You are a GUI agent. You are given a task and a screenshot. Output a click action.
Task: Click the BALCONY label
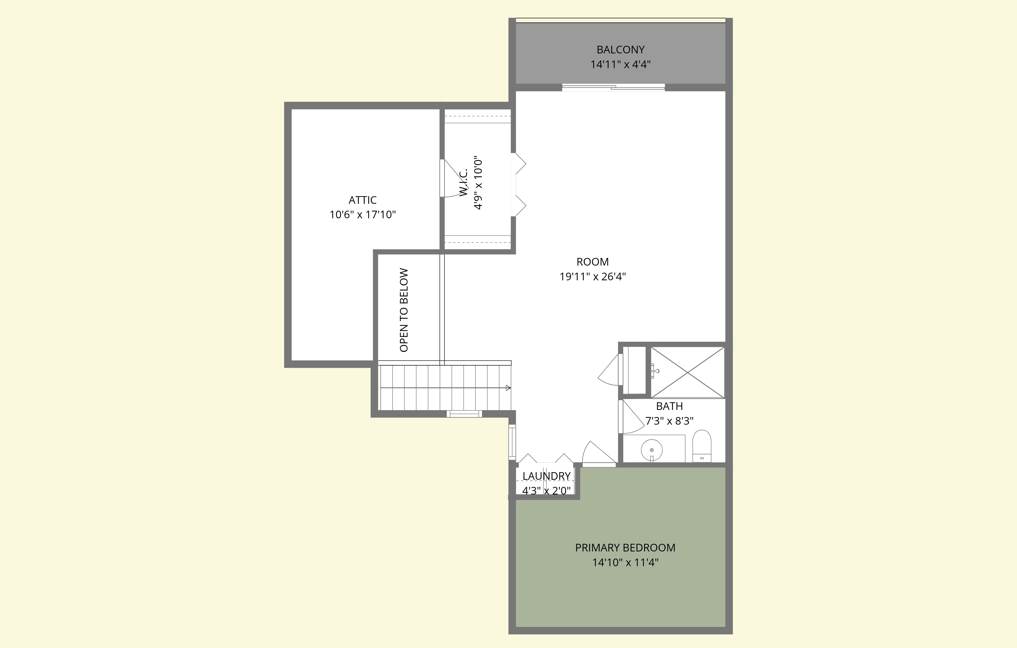coord(620,50)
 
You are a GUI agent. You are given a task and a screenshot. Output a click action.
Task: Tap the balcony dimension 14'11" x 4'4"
coord(620,65)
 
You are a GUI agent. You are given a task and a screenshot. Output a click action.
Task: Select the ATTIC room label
coord(362,200)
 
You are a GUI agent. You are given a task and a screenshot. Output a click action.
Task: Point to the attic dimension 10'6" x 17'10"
coord(362,215)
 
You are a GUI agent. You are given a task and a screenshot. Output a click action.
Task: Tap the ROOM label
coord(593,262)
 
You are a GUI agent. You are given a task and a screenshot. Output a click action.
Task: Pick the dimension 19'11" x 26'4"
coord(593,276)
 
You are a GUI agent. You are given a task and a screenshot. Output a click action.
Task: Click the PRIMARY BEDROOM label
coord(625,548)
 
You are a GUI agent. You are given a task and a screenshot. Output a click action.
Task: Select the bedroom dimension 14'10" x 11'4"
coord(625,562)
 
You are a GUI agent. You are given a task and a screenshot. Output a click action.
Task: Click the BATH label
coord(669,406)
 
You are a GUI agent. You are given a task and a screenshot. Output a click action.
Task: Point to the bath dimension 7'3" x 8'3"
coord(669,421)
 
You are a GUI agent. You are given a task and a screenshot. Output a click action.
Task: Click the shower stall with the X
coord(687,372)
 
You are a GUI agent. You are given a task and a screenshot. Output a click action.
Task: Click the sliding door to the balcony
coord(613,87)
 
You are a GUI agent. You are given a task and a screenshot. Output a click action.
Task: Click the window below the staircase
coord(464,414)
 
